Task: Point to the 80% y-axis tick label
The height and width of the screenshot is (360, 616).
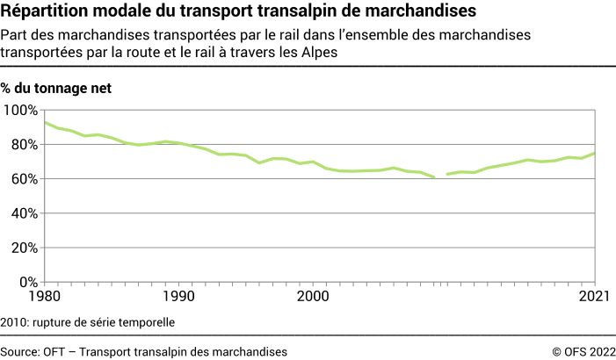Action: click(x=23, y=144)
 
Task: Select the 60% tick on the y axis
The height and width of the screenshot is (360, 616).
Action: click(x=23, y=178)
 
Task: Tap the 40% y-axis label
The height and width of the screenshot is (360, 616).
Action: click(x=23, y=213)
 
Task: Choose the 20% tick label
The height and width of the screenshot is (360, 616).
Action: click(x=23, y=248)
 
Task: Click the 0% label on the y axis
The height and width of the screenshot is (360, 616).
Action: click(x=26, y=282)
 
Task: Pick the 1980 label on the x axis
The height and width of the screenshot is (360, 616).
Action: click(x=44, y=297)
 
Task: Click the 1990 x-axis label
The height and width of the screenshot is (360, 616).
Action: click(x=178, y=297)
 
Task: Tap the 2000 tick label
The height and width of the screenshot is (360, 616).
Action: click(x=313, y=297)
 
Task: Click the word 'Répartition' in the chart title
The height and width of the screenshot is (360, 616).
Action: click(x=44, y=12)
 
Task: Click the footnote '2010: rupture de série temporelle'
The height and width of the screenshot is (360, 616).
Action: click(x=88, y=322)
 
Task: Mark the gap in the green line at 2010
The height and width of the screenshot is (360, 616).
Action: click(x=441, y=176)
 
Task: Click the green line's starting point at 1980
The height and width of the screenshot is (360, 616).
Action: click(x=45, y=122)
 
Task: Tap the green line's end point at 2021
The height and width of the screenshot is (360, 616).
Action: click(x=596, y=153)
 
